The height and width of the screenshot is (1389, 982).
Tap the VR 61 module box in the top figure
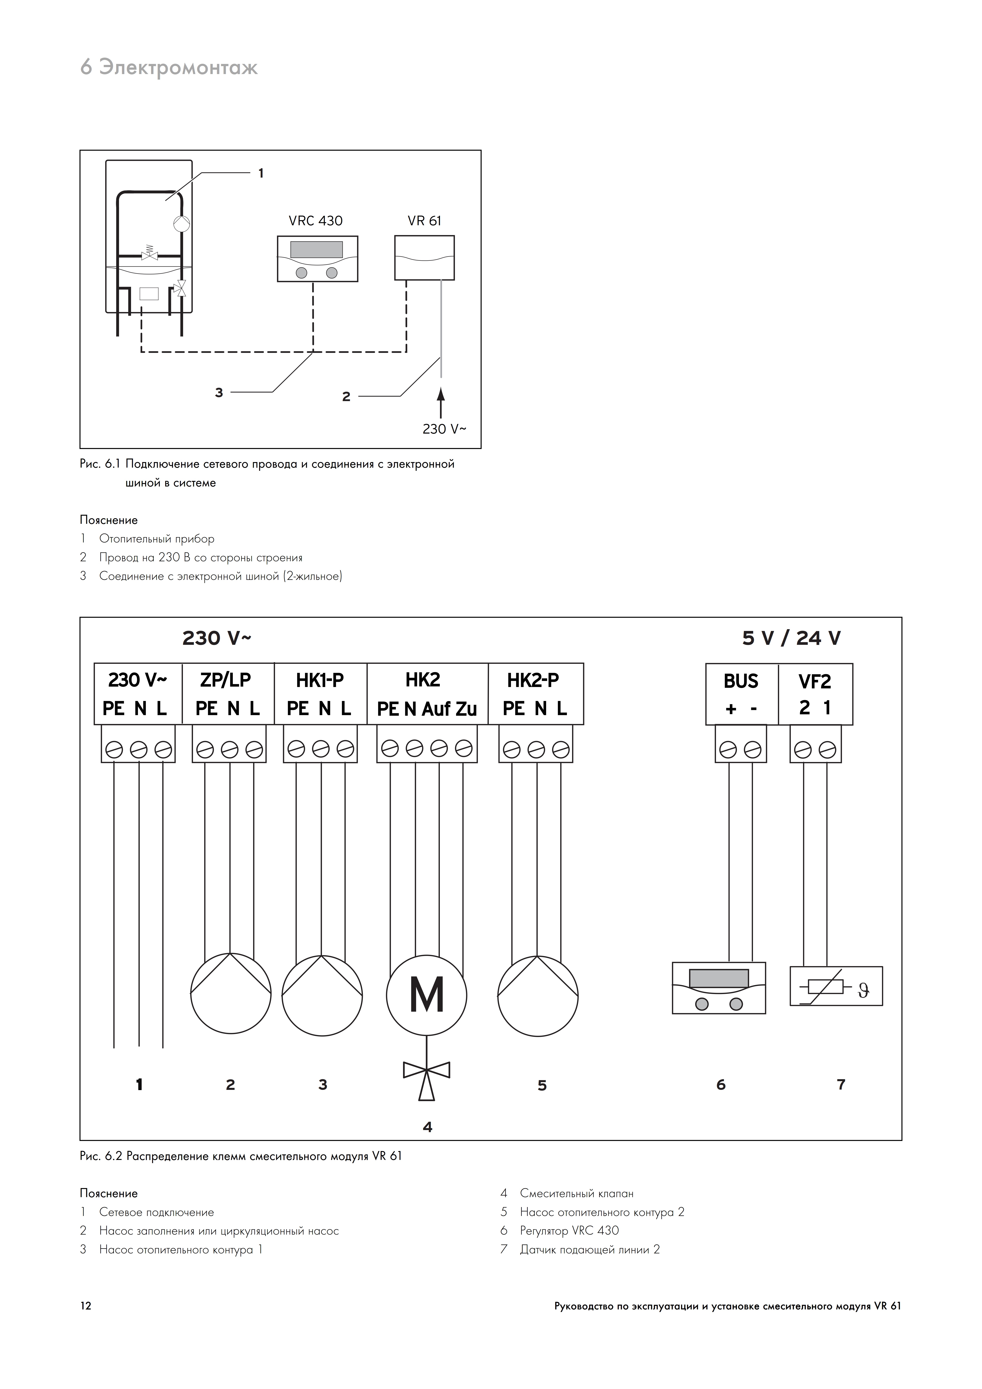point(424,258)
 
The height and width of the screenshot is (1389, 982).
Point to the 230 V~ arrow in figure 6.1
point(441,403)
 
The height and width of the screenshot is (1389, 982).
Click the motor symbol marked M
point(427,995)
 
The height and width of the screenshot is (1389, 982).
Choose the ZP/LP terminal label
point(225,680)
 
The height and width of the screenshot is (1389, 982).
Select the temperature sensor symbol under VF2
point(836,986)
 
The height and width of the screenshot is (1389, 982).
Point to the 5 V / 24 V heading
point(791,638)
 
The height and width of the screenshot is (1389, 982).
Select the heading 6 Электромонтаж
point(169,67)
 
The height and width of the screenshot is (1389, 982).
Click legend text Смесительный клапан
point(577,1194)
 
